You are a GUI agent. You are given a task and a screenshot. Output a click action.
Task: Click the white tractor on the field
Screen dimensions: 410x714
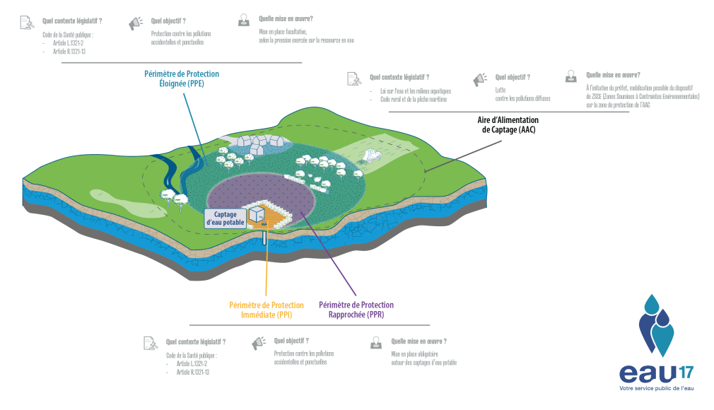point(371,155)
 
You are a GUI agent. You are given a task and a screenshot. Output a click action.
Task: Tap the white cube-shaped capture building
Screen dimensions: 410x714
point(255,211)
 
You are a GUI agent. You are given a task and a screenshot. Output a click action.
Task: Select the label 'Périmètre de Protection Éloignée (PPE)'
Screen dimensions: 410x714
point(182,78)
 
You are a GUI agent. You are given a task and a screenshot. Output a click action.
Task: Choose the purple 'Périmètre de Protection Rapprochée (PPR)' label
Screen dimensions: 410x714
point(356,310)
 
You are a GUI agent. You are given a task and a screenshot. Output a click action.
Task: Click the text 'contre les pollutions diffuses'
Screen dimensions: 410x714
point(522,99)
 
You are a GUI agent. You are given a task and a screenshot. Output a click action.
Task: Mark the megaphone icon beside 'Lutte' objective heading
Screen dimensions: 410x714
point(480,78)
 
